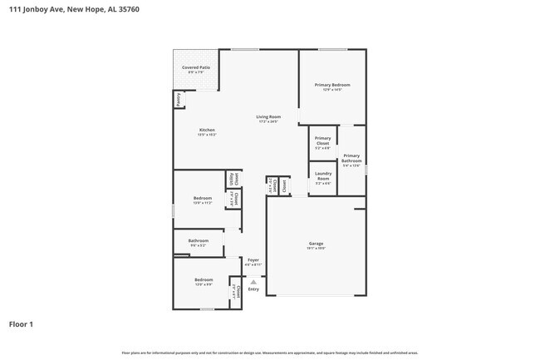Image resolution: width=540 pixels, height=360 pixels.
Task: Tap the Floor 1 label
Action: [22, 324]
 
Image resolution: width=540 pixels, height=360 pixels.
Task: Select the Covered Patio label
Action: [196, 67]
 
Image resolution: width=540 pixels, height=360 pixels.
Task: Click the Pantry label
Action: [178, 99]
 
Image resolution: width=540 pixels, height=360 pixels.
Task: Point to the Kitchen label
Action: [207, 130]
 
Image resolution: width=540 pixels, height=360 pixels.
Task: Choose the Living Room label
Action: [268, 116]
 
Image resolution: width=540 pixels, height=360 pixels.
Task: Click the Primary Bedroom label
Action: [331, 85]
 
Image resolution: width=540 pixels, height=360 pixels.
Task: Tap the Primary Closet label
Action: [323, 141]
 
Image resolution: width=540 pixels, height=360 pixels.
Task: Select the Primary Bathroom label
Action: [351, 157]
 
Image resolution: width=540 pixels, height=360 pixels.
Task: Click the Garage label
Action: [315, 243]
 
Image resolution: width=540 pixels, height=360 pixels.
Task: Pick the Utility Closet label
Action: [233, 179]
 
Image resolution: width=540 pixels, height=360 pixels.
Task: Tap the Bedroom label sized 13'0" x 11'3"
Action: [203, 198]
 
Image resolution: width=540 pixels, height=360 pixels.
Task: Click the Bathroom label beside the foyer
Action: [198, 241]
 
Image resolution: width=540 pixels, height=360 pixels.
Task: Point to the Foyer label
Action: [253, 259]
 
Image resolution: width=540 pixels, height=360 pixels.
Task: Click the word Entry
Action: [253, 289]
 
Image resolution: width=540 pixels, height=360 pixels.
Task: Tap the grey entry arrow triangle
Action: [253, 281]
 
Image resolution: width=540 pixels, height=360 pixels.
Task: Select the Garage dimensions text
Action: [315, 248]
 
